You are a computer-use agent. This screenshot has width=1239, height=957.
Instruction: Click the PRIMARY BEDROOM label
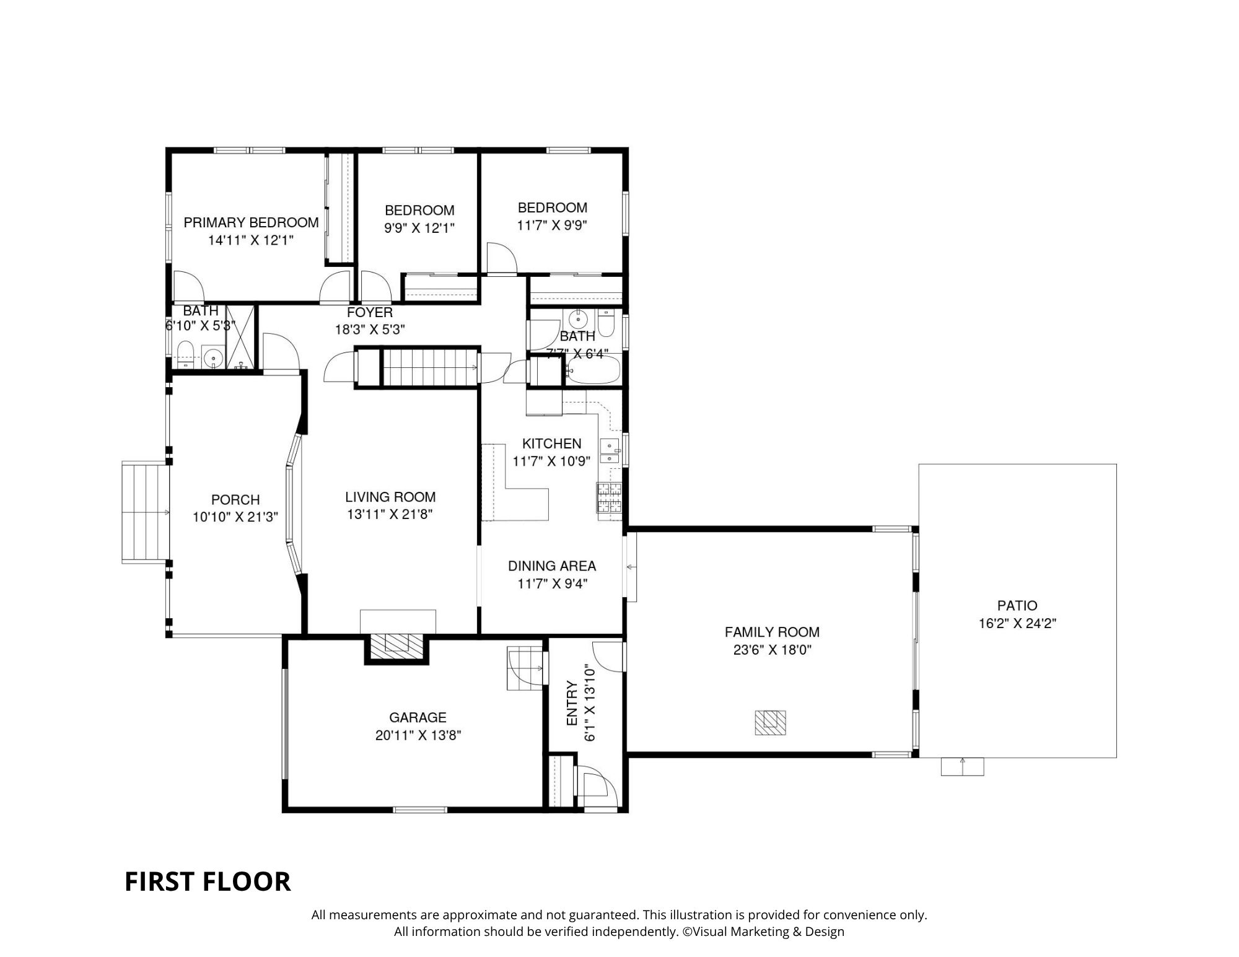251,222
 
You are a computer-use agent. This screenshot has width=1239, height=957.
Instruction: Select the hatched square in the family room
770,722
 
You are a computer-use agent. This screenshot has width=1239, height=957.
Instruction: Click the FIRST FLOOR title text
208,881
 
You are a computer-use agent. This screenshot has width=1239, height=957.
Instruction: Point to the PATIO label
1017,605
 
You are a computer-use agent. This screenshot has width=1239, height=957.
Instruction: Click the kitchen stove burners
609,497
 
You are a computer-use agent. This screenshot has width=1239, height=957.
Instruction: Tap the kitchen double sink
608,451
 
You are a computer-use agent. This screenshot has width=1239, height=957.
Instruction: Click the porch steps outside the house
146,512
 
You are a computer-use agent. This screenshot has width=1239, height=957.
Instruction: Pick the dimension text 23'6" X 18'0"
772,650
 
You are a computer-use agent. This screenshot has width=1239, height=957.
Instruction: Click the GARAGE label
418,717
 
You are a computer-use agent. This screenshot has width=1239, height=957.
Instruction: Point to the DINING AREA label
552,566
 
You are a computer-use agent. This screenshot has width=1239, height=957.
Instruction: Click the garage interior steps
525,668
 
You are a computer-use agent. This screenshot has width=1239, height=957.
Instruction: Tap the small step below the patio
962,766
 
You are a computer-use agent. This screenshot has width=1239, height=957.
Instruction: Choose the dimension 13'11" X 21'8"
390,513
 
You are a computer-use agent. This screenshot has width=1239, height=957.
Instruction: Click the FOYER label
370,312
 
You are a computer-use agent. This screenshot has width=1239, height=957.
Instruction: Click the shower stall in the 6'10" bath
240,338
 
